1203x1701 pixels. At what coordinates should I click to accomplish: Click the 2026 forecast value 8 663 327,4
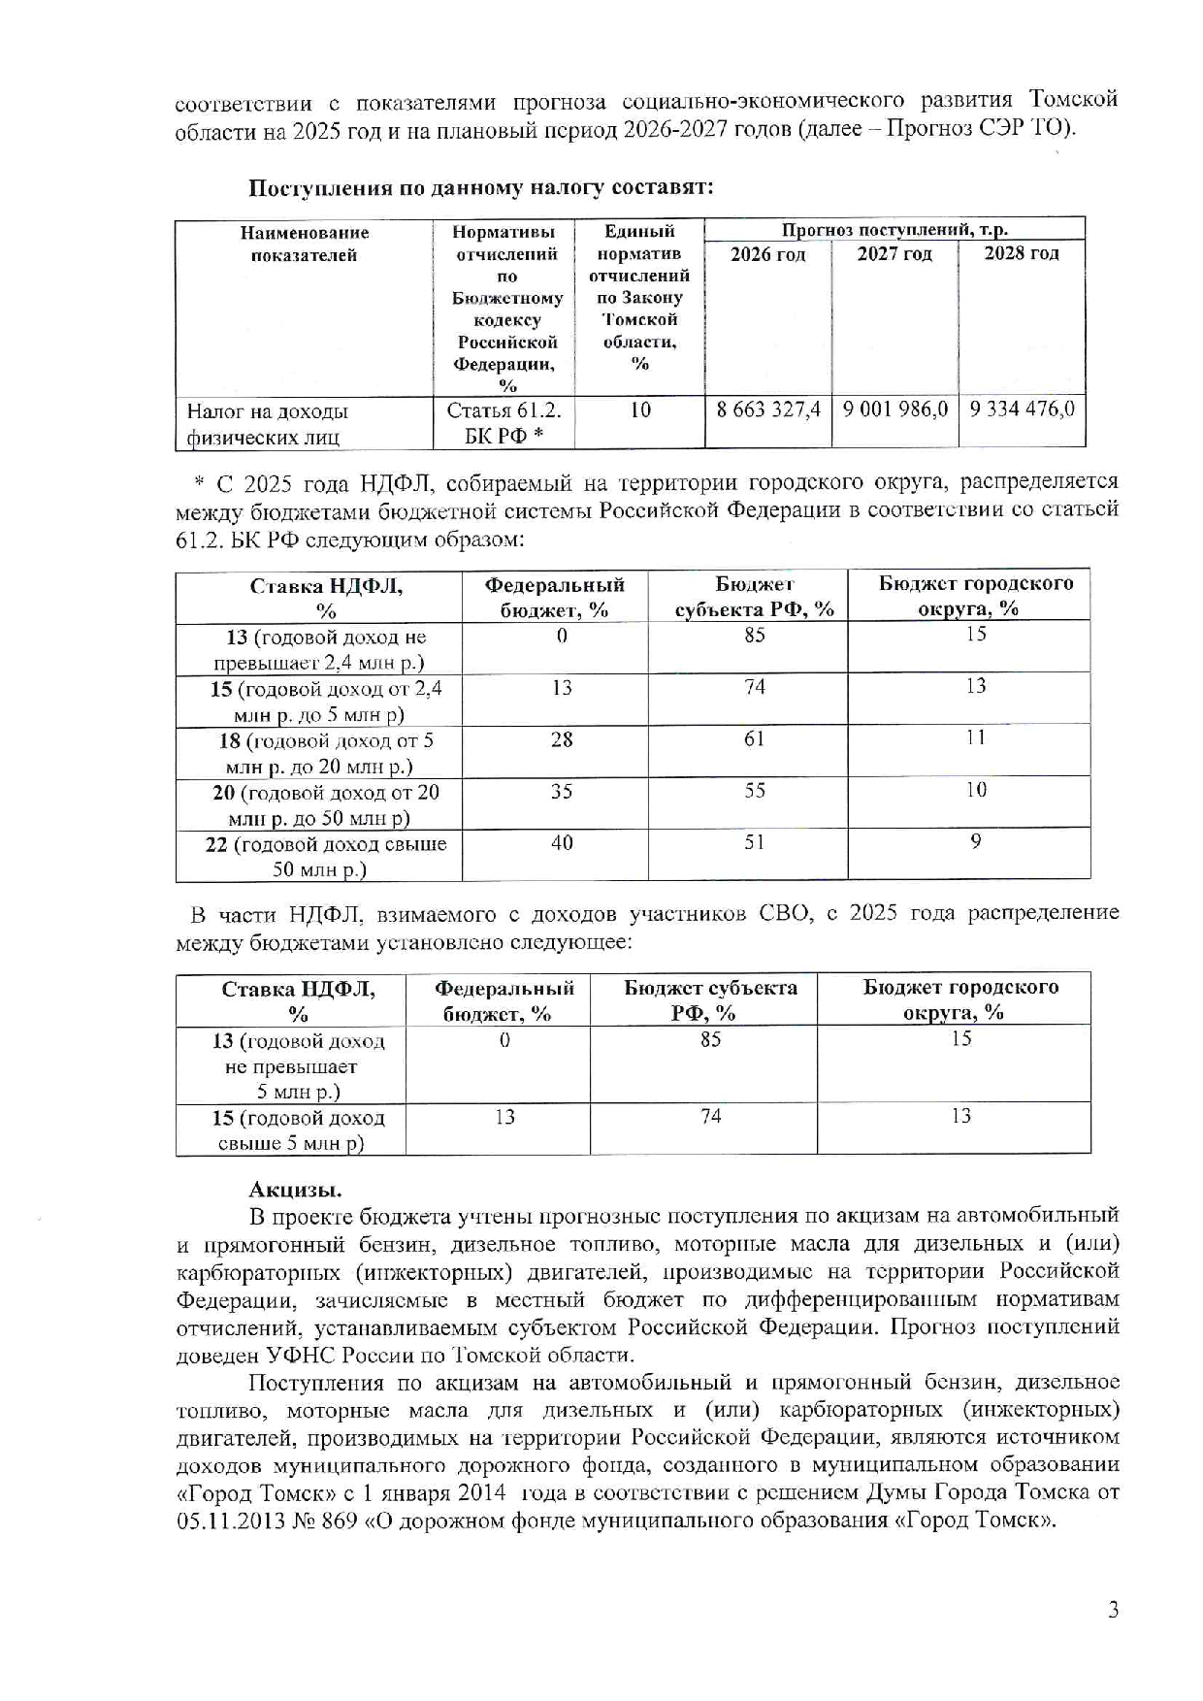coord(768,409)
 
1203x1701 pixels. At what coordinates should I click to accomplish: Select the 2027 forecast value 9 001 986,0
coord(894,409)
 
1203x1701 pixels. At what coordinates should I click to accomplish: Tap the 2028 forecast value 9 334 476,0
coord(1022,409)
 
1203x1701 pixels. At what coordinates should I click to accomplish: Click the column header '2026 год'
coord(767,254)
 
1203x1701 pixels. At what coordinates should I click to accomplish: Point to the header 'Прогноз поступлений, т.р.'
coord(894,230)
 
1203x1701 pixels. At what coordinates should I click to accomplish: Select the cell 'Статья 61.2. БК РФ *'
coord(504,423)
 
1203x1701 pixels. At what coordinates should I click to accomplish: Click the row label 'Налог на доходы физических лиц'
coord(268,424)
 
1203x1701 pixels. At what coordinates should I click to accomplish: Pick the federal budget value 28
coord(562,739)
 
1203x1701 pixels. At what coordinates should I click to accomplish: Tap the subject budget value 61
coord(754,738)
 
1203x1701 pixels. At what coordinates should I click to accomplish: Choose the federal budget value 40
coord(562,843)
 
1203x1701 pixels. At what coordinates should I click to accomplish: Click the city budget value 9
coord(975,841)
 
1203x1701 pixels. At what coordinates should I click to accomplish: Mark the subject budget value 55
coord(754,791)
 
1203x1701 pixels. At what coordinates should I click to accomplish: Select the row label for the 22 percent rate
coord(326,856)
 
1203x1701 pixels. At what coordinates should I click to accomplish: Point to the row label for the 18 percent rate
coord(326,753)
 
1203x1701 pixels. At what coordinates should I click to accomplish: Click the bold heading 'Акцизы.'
coord(295,1190)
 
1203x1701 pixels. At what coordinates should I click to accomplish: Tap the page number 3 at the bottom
coord(1113,1610)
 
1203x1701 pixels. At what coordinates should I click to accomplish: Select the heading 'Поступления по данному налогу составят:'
coord(481,187)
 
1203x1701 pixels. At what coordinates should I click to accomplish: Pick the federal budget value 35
coord(562,792)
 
